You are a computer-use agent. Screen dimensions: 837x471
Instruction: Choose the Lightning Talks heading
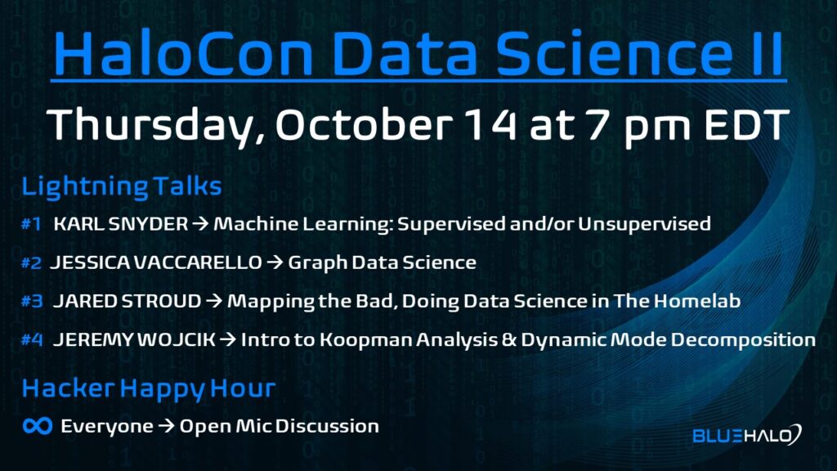tap(122, 187)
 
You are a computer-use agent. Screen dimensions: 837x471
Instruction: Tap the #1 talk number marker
tap(31, 224)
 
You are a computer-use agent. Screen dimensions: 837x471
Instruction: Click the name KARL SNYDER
tap(121, 224)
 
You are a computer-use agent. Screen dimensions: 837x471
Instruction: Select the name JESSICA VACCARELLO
tap(156, 262)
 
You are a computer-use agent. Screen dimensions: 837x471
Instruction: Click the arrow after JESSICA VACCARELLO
tap(275, 262)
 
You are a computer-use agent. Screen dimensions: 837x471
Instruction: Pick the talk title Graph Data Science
tap(383, 262)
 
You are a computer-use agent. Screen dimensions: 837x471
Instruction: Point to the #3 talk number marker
tap(32, 301)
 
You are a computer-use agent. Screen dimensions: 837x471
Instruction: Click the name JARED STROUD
tap(127, 301)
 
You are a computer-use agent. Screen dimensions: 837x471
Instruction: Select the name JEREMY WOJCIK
tap(134, 339)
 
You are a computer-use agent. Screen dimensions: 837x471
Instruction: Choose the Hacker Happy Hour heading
tap(149, 388)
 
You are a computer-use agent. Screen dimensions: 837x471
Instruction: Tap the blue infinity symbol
tap(38, 425)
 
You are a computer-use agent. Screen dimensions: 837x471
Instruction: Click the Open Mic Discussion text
tap(280, 426)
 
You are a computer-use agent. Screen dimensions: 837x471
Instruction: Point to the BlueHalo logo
tap(747, 435)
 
